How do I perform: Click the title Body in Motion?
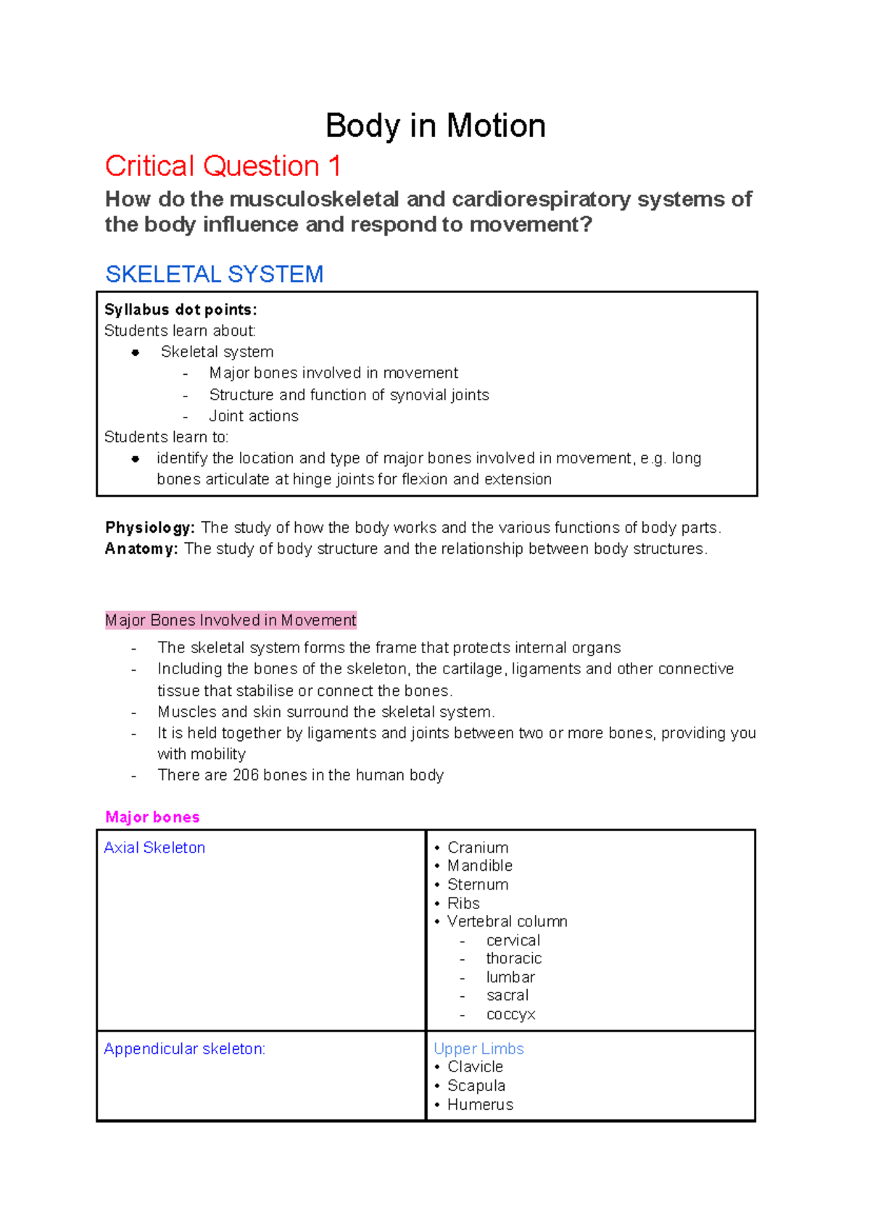tap(435, 126)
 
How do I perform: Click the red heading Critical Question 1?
tap(223, 166)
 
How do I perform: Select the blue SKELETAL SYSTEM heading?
tap(214, 274)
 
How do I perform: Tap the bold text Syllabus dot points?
tap(181, 310)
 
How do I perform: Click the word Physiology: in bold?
tap(150, 528)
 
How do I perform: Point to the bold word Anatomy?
tap(141, 549)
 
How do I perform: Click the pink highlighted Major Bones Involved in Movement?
tap(231, 621)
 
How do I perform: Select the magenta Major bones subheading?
tap(152, 817)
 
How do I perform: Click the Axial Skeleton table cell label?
tap(154, 847)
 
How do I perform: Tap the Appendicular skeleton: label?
tap(184, 1049)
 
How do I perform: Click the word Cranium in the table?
tap(478, 847)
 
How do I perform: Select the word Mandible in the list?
tap(479, 866)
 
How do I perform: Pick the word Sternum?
tap(478, 884)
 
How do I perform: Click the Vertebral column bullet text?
tap(507, 921)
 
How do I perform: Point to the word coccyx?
tap(510, 1014)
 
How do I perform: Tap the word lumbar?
tap(510, 977)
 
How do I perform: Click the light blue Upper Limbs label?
tap(478, 1049)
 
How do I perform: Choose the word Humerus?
tap(480, 1105)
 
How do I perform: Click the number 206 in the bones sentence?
tap(246, 775)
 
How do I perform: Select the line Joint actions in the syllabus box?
tap(254, 416)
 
